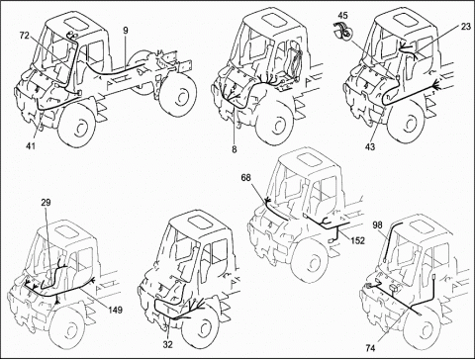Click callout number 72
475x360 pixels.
[x=24, y=36]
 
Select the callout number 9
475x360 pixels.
[x=126, y=31]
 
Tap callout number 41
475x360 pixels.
[x=32, y=145]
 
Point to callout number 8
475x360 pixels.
[x=235, y=149]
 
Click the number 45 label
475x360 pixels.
[x=342, y=15]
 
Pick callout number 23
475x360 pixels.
[x=466, y=27]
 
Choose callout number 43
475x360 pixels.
[x=370, y=146]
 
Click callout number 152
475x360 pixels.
[x=357, y=240]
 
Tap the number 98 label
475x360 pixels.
[x=377, y=225]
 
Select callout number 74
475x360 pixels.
[x=371, y=347]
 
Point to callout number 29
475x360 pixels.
[x=46, y=203]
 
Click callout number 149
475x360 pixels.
[x=115, y=310]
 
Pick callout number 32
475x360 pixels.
[x=168, y=345]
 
